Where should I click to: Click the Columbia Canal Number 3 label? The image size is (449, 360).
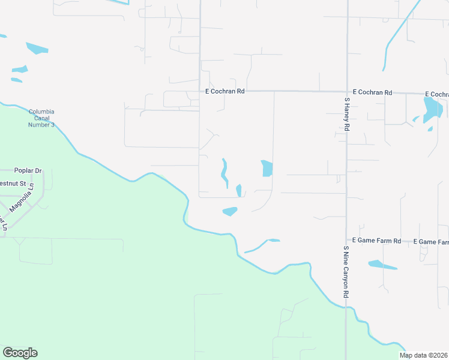coord(41,118)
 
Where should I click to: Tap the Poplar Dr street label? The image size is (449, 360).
coord(29,171)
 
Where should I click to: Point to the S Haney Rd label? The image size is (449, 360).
coord(346,115)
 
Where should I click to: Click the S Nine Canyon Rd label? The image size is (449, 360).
coord(346,272)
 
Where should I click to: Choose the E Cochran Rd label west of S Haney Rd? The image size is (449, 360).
coord(225,92)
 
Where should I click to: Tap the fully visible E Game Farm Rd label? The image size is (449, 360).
coord(376,241)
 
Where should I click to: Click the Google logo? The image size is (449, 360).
coord(20,353)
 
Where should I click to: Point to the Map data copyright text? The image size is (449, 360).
coord(424,355)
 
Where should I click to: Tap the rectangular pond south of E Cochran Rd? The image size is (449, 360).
coord(267,169)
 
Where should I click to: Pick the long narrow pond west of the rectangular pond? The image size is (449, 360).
coord(224,172)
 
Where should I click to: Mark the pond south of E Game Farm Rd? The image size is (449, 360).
coord(382,265)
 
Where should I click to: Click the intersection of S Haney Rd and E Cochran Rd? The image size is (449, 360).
coord(346,92)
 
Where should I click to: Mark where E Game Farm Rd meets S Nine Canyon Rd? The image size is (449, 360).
coord(346,241)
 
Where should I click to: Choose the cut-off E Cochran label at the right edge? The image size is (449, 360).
coord(436,95)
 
